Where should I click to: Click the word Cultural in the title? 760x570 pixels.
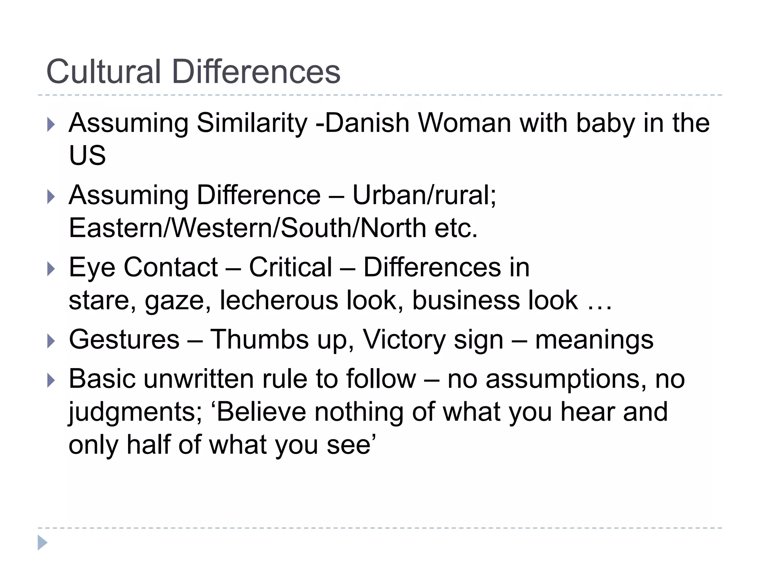(104, 71)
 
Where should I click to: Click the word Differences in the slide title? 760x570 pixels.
(256, 71)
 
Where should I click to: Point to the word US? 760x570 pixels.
(87, 155)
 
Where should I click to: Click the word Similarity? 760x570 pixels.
(252, 123)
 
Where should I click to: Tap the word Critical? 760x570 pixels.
(291, 267)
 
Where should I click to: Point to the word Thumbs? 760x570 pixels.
(259, 340)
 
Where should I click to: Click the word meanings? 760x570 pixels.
(594, 340)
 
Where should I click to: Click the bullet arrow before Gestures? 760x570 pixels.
(51, 341)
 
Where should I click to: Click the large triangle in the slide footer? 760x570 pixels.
(42, 543)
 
